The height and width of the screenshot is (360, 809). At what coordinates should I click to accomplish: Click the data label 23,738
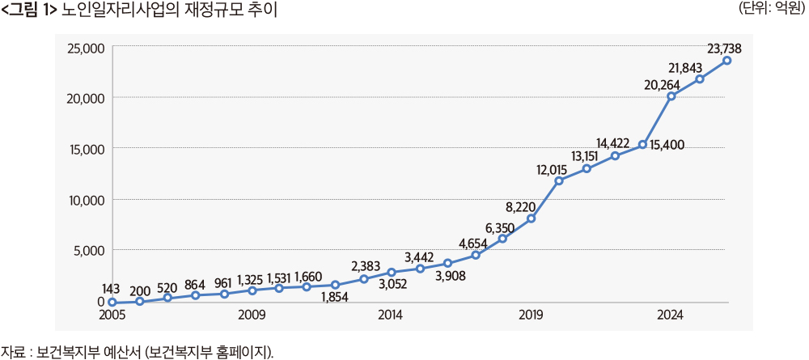(x=724, y=49)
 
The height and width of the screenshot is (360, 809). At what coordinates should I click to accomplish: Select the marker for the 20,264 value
(x=671, y=96)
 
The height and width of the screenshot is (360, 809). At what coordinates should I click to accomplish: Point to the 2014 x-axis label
(x=391, y=315)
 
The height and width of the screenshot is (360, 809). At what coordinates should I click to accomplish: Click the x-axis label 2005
(x=112, y=315)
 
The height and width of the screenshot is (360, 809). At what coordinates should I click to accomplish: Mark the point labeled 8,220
(x=531, y=218)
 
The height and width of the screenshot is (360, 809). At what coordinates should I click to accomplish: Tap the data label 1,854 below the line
(x=334, y=298)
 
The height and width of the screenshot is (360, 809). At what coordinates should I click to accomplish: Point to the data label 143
(x=112, y=289)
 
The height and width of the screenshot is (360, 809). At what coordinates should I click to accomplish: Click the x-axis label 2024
(x=670, y=315)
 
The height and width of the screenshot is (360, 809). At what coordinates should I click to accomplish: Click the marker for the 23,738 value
(x=727, y=61)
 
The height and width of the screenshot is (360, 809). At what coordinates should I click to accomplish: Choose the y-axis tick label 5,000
(x=86, y=251)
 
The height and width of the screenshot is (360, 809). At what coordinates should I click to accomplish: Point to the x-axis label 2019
(x=531, y=315)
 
